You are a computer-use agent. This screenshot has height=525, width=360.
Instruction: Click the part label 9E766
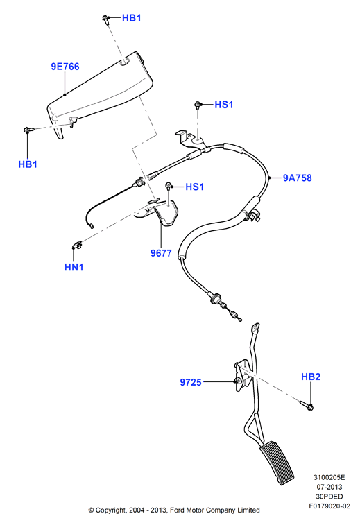(x=65, y=67)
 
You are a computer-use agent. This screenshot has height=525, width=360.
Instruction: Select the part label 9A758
(x=298, y=178)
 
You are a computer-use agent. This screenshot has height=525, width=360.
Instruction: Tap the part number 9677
(x=161, y=253)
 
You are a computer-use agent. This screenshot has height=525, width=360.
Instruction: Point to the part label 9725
(x=191, y=382)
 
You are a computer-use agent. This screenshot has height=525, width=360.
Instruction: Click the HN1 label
(x=74, y=267)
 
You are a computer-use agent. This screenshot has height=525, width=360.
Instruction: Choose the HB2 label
(x=311, y=377)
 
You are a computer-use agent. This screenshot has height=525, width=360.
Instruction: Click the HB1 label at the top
(x=132, y=18)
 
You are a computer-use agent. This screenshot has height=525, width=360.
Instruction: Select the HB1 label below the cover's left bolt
(x=28, y=164)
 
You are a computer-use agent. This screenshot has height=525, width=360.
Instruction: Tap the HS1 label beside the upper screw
(x=224, y=105)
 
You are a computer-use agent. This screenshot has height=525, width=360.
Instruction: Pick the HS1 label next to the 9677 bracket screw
(x=195, y=187)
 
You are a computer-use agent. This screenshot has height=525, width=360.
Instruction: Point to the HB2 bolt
(x=307, y=406)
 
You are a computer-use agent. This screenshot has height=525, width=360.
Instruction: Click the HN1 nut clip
(x=77, y=246)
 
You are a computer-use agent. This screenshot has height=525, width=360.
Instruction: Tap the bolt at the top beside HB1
(x=106, y=19)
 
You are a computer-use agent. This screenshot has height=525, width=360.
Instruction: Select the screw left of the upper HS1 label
(x=198, y=105)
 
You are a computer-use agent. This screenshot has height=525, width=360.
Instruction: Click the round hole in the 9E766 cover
(x=125, y=62)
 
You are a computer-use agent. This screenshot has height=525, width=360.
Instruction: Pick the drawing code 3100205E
(x=329, y=477)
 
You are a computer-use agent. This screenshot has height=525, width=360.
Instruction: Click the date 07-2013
(x=329, y=487)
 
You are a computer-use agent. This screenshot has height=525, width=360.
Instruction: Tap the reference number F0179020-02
(x=329, y=506)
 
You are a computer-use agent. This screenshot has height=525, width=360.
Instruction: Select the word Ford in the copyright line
(x=178, y=510)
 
